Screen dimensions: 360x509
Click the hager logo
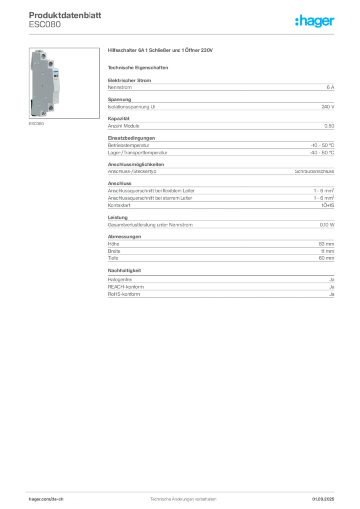[315, 21]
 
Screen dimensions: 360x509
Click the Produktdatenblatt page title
[65, 15]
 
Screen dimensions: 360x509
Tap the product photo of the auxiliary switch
[64, 83]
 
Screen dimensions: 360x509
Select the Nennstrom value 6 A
[330, 87]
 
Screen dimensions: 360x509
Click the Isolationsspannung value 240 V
[328, 107]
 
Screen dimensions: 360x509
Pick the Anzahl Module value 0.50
[329, 126]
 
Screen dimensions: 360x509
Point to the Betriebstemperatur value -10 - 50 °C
[322, 145]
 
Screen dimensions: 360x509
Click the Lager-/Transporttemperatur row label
[138, 152]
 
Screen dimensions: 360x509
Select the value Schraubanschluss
[314, 171]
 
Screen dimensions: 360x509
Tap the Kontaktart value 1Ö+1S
[328, 205]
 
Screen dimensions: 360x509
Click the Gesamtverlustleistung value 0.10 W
[327, 225]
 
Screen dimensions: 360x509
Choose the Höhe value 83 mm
[326, 244]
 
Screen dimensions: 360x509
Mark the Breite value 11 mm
[328, 251]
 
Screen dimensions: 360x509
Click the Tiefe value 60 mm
[326, 258]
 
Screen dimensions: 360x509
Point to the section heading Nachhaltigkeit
[124, 271]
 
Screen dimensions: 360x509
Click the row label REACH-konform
[126, 287]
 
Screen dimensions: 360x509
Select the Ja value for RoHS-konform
[332, 294]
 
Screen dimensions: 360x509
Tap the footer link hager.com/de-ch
[46, 499]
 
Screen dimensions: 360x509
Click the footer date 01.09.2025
[323, 499]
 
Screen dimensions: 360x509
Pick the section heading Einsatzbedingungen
[131, 138]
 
